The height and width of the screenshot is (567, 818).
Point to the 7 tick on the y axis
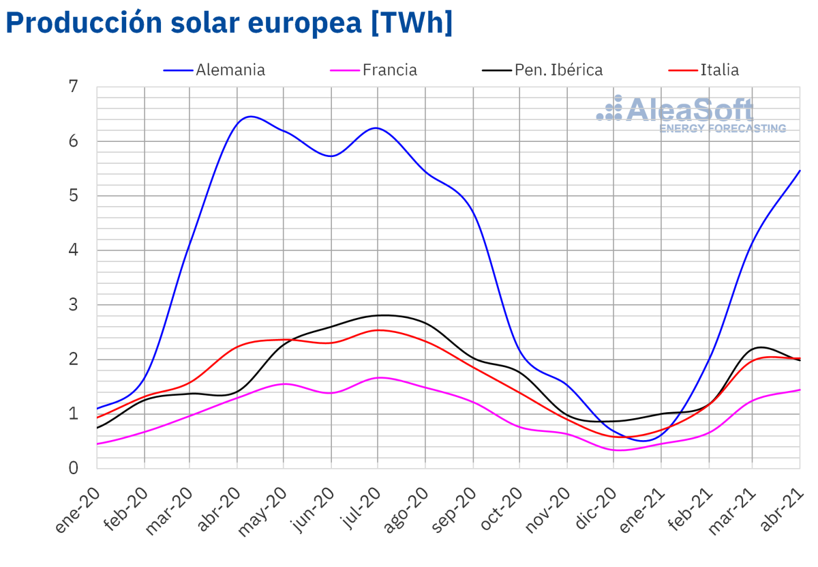coord(74,87)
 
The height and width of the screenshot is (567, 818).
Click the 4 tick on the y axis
coord(74,250)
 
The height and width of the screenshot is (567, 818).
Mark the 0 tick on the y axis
coord(74,468)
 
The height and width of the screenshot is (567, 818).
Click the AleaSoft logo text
coord(688,109)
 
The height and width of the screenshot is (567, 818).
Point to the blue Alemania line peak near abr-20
coord(250,117)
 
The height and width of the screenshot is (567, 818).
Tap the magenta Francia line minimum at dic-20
coord(616,450)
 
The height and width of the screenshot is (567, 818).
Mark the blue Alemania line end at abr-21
coord(799,171)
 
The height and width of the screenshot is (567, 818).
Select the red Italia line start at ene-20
coord(97,418)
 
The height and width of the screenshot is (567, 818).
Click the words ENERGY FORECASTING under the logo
coord(723,128)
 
